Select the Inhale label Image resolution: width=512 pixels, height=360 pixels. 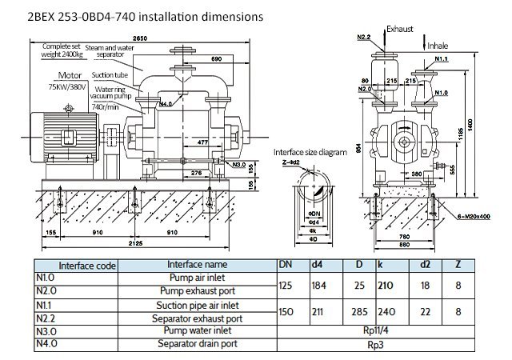[x=438, y=45]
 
